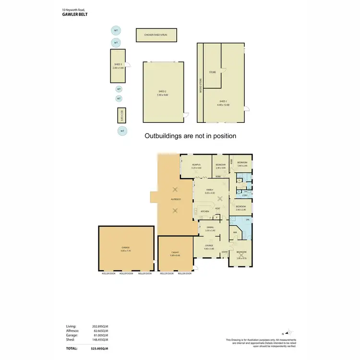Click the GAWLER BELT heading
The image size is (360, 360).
coord(74,14)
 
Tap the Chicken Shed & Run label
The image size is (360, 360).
coord(156,35)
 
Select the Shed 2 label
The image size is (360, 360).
coord(162,91)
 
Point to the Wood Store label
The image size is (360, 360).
coord(200,85)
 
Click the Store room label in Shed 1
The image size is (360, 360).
coord(212,72)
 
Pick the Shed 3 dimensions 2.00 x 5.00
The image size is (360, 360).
coord(118,68)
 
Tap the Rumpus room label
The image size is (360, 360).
coord(195,165)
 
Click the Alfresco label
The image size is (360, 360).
coord(176,199)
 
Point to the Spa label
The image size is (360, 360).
coord(248,220)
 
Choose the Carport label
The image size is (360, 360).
coord(175,252)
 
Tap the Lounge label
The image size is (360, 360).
coord(209,246)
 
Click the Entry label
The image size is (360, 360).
coord(225,252)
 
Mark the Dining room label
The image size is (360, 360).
coord(210,228)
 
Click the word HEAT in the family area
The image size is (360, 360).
coord(217,208)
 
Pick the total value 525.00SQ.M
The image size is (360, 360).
coord(100,348)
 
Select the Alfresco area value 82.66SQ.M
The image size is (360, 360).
coord(100,331)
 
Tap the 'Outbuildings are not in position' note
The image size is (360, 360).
coord(191,136)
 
